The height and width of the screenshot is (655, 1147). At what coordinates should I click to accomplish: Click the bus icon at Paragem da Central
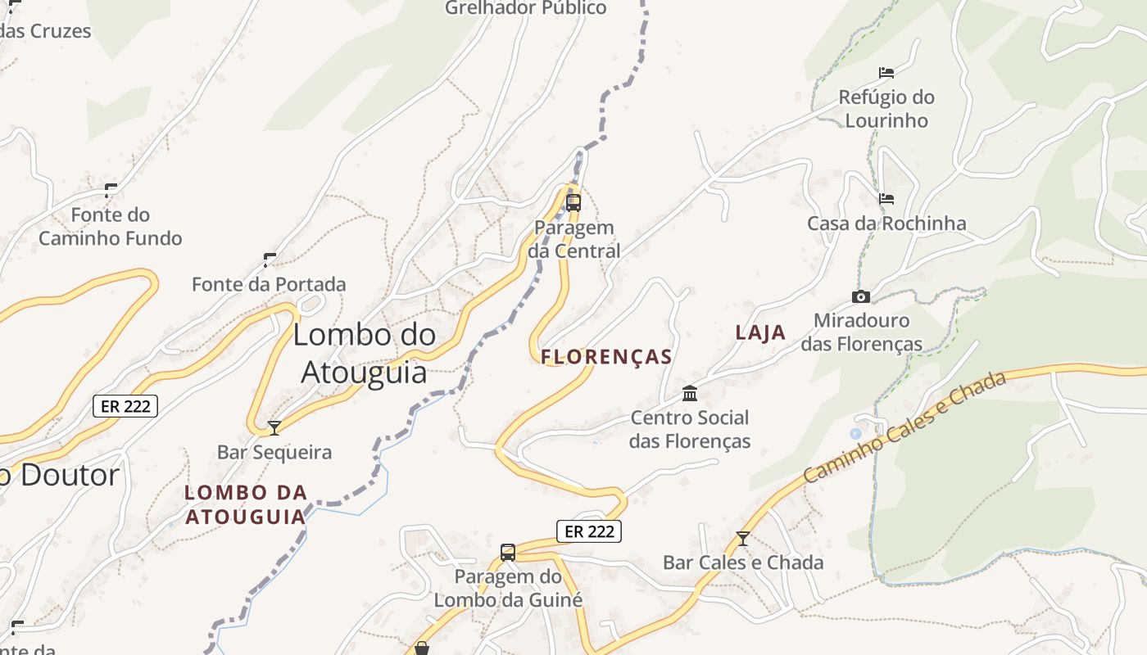[x=573, y=202]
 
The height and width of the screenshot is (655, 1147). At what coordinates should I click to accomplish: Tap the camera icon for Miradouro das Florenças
[x=860, y=296]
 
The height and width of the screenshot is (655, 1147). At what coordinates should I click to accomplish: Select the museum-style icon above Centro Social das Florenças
[x=690, y=394]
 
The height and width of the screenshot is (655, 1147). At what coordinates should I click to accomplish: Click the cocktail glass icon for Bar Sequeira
[x=274, y=427]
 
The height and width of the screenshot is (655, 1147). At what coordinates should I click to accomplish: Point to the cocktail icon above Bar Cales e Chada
[x=743, y=539]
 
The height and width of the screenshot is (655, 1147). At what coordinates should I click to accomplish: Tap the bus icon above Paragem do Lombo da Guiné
[x=508, y=553]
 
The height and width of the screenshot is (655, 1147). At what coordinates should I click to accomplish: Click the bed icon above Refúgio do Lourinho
[x=886, y=73]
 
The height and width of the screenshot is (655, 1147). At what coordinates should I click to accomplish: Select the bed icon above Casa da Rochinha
[x=886, y=199]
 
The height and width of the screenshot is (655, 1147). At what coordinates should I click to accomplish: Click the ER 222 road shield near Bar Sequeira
[x=125, y=405]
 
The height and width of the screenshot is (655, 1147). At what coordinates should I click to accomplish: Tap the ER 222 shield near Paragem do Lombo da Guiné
[x=589, y=531]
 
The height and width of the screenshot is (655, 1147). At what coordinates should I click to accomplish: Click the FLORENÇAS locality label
[x=606, y=357]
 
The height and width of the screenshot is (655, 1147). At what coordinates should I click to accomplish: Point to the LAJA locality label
[x=760, y=332]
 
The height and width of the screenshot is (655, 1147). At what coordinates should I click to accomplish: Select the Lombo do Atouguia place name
[x=365, y=353]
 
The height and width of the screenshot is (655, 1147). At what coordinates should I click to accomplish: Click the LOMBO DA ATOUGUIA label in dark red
[x=246, y=504]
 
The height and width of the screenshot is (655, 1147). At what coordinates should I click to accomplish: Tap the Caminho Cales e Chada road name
[x=904, y=427]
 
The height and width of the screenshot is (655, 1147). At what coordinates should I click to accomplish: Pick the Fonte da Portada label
[x=269, y=284]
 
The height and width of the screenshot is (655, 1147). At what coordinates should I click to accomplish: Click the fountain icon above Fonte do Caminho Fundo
[x=111, y=191]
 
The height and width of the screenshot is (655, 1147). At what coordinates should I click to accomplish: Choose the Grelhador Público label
[x=525, y=8]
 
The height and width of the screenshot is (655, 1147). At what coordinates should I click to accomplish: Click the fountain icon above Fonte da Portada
[x=270, y=260]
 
